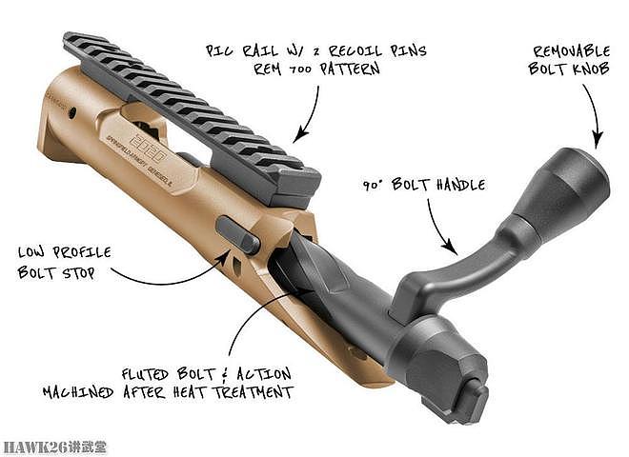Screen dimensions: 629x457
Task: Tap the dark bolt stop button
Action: [237, 234]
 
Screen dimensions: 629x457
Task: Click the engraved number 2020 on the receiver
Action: [147, 148]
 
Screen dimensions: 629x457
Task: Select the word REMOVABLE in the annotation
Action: [572, 51]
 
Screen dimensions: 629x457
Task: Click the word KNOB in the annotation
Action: [591, 69]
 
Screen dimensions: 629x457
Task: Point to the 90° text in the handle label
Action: [373, 186]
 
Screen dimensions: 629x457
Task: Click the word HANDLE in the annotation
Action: [460, 185]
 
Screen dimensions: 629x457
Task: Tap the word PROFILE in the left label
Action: [82, 252]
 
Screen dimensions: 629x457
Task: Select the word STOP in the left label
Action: [78, 273]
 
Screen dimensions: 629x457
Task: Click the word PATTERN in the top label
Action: [350, 69]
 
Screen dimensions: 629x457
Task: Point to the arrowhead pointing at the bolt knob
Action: [598, 141]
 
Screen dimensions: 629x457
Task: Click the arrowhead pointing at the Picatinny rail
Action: [300, 135]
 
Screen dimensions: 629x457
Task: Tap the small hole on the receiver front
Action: [72, 112]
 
